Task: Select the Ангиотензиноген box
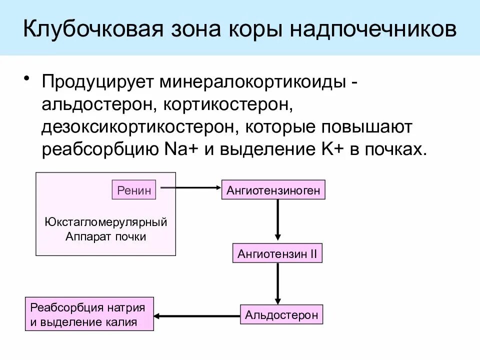(273, 190)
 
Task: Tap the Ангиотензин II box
(277, 253)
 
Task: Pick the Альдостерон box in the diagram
(281, 315)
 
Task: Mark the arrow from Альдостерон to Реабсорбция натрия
(197, 316)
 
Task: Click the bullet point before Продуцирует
(27, 80)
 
